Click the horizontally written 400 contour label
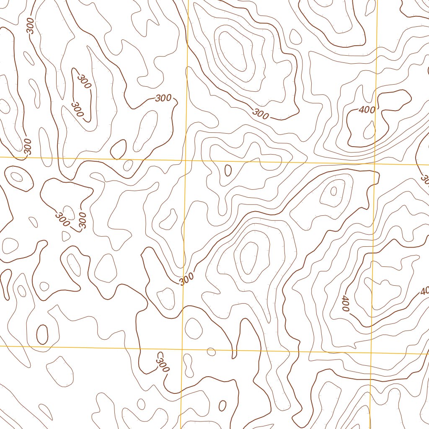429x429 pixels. [367, 110]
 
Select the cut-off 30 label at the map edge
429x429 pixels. [424, 180]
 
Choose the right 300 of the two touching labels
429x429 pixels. [82, 220]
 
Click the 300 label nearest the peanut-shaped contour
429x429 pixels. [163, 363]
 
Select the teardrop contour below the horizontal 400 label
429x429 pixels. [369, 130]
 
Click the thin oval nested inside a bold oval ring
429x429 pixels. [17, 176]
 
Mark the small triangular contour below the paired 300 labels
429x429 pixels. [66, 236]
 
